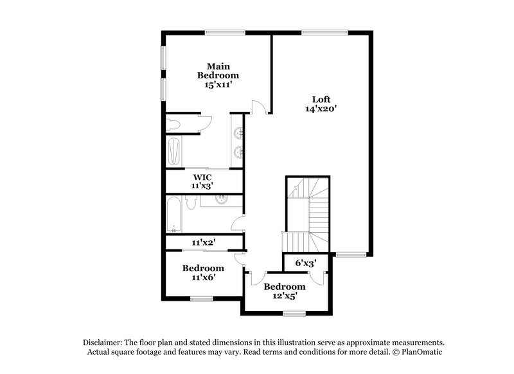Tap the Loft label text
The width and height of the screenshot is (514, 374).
321,99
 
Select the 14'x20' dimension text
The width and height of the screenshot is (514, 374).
321,109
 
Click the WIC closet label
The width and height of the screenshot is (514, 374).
202,176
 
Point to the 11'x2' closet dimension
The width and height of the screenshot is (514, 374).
204,242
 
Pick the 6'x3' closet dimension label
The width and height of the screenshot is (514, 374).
306,262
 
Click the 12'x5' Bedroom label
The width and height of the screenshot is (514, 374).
285,291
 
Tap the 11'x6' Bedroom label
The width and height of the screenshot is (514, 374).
202,272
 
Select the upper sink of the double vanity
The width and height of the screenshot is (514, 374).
238,133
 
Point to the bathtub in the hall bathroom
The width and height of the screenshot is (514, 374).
174,216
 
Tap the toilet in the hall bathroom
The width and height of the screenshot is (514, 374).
191,204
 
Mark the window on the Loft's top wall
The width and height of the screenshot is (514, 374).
324,31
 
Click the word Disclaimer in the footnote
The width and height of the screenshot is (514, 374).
103,343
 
